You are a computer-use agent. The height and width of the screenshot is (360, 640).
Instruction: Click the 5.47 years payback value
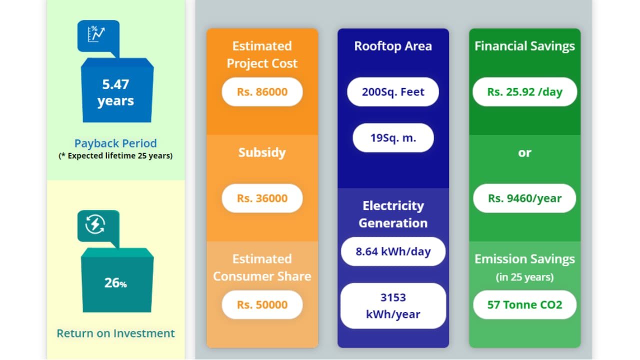click(115, 92)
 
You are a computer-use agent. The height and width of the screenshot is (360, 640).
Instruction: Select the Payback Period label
click(115, 143)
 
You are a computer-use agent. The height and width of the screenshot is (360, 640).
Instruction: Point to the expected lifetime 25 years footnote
click(115, 155)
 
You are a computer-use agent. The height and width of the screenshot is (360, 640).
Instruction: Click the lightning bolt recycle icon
click(95, 224)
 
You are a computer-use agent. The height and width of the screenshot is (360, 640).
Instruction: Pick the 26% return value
click(115, 283)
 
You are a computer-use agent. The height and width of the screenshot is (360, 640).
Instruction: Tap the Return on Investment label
click(115, 333)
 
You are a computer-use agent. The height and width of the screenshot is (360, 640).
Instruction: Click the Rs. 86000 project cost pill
click(262, 92)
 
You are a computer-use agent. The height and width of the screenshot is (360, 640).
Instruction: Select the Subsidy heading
click(262, 152)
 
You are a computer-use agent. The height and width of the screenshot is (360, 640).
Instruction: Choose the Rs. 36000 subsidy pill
click(262, 198)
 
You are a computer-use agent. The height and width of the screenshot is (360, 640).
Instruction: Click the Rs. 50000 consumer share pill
click(262, 304)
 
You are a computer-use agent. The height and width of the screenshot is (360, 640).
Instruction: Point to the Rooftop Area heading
click(393, 46)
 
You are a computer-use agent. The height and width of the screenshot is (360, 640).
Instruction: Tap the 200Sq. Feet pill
click(393, 92)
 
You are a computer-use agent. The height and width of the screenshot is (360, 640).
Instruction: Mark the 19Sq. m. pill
click(393, 137)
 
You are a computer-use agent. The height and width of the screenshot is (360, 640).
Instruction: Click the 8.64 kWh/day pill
click(393, 251)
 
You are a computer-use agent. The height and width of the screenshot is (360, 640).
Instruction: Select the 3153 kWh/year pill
click(393, 306)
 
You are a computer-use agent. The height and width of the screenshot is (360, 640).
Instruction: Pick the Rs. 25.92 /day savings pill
click(524, 92)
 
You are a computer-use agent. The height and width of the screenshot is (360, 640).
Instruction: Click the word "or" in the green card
click(524, 152)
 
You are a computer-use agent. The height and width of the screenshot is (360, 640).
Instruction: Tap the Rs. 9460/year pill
click(524, 198)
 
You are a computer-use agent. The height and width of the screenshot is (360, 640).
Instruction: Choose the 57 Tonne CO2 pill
click(524, 304)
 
